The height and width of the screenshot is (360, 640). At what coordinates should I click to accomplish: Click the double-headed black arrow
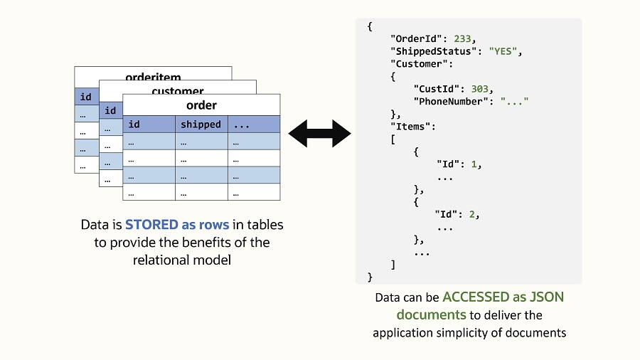pyautogui.click(x=319, y=133)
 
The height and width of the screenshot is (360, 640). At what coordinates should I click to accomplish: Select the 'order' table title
pyautogui.click(x=201, y=105)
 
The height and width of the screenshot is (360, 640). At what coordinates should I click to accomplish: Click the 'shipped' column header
pyautogui.click(x=201, y=125)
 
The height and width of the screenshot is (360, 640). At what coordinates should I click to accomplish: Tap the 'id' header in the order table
pyautogui.click(x=133, y=125)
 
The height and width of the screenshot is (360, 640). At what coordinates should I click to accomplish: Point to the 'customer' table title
pyautogui.click(x=178, y=91)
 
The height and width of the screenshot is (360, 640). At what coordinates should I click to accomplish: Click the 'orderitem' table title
pyautogui.click(x=153, y=77)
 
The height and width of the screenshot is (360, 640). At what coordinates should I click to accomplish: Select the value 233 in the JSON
pyautogui.click(x=464, y=39)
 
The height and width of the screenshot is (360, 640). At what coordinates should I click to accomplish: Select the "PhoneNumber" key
pyautogui.click(x=452, y=101)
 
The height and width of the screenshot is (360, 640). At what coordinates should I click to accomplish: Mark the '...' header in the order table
pyautogui.click(x=241, y=125)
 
